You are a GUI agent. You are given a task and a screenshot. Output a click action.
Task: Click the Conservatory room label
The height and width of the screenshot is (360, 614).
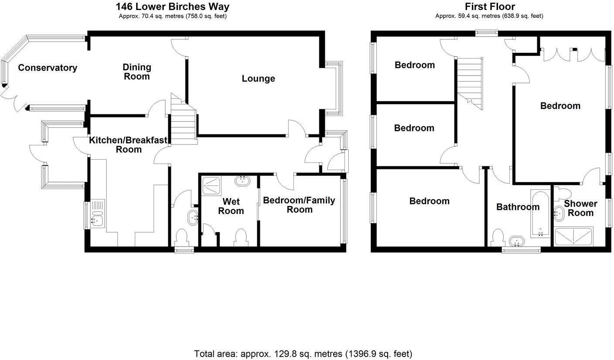[48, 68]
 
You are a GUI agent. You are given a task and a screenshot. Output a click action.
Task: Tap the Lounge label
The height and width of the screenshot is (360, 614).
[258, 79]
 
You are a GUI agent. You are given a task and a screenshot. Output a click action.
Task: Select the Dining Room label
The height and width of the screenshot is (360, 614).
[136, 72]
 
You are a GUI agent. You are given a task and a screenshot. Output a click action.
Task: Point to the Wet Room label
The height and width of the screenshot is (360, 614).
[231, 206]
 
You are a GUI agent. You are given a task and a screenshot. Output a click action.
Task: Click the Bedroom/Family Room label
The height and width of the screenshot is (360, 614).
[299, 205]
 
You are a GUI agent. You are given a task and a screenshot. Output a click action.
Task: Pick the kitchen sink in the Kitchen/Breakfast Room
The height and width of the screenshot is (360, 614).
[96, 213]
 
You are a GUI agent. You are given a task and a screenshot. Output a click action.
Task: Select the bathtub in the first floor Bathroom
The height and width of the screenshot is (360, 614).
[541, 213]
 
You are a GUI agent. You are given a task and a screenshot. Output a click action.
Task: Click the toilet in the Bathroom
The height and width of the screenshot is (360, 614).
[497, 238]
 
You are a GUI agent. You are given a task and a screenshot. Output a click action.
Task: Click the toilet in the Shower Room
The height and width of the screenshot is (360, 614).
[563, 193]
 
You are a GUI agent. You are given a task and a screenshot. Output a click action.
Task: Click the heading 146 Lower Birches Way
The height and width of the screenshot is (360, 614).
[172, 7]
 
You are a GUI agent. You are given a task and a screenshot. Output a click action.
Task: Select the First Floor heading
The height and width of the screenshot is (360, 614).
[490, 7]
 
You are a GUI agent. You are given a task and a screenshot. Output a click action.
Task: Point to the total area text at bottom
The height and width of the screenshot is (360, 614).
[303, 353]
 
